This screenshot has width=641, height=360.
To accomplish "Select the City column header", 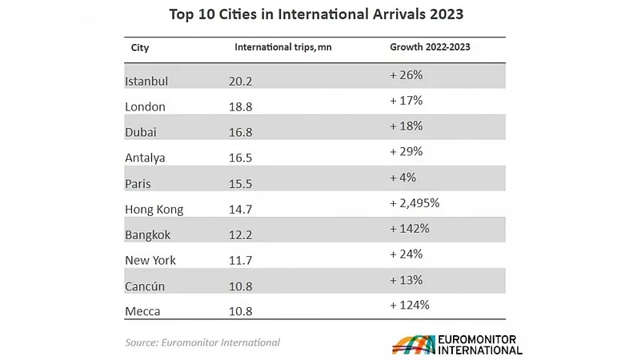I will [x=140, y=47].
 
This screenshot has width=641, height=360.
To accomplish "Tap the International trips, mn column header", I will [x=282, y=47].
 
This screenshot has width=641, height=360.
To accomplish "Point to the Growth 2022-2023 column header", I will [x=430, y=47].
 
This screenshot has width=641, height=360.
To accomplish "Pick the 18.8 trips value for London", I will [x=240, y=106].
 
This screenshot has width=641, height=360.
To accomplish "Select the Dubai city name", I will [x=142, y=132].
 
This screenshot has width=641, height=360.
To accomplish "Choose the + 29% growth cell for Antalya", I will [x=406, y=151].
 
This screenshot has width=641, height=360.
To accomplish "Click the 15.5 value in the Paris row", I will [x=239, y=183].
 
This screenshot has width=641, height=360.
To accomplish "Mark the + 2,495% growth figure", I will [x=415, y=202].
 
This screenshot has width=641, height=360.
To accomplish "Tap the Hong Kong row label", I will [x=154, y=210].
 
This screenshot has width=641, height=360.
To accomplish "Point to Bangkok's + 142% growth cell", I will [x=409, y=228].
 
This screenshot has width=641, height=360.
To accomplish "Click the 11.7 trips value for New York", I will [x=239, y=260].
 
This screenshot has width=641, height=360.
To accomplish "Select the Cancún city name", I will [x=145, y=286].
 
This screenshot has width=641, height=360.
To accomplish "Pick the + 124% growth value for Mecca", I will [x=409, y=305].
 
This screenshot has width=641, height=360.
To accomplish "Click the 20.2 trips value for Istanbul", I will [x=240, y=81].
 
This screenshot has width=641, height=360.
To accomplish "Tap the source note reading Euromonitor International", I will [x=202, y=342].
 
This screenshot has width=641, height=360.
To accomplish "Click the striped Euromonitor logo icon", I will [x=412, y=345].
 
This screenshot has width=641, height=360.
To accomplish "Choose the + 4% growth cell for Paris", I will [x=403, y=177].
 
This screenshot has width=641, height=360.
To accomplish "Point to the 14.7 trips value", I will [x=239, y=210].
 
